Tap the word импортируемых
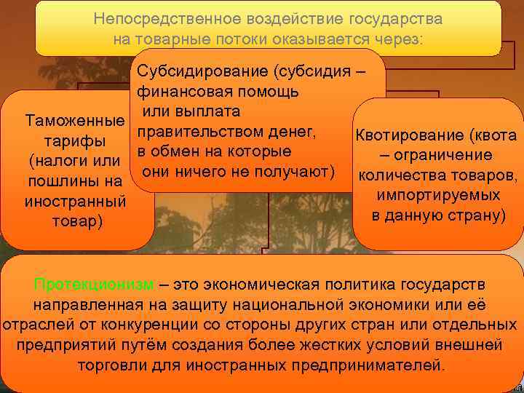pyautogui.click(x=439, y=196)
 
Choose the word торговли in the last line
pyautogui.click(x=116, y=365)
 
